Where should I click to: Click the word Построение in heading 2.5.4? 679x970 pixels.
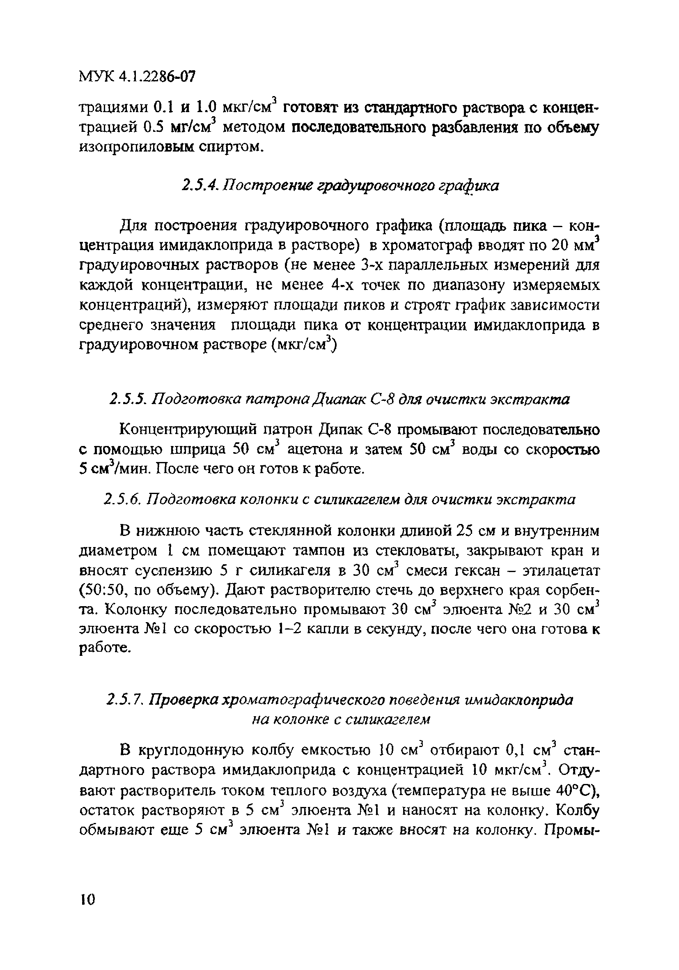(x=259, y=186)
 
